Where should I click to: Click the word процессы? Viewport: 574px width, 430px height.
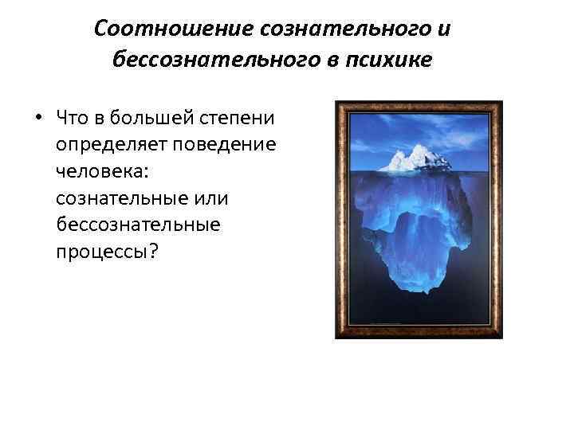point(103,252)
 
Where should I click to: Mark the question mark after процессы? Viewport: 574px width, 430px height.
point(155,252)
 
